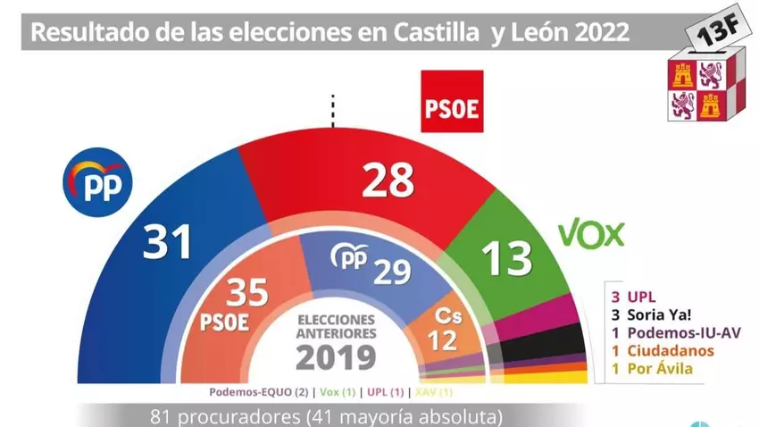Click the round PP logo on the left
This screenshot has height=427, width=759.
click(97, 185)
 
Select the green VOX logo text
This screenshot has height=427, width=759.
click(591, 234)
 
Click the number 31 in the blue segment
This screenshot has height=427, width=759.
click(169, 241)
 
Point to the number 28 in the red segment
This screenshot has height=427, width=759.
click(388, 181)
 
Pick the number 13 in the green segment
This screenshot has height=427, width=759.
click(505, 260)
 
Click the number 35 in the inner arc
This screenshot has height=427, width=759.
click(248, 290)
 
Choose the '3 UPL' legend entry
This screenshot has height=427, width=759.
click(630, 295)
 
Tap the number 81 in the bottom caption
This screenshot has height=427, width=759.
click(162, 416)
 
